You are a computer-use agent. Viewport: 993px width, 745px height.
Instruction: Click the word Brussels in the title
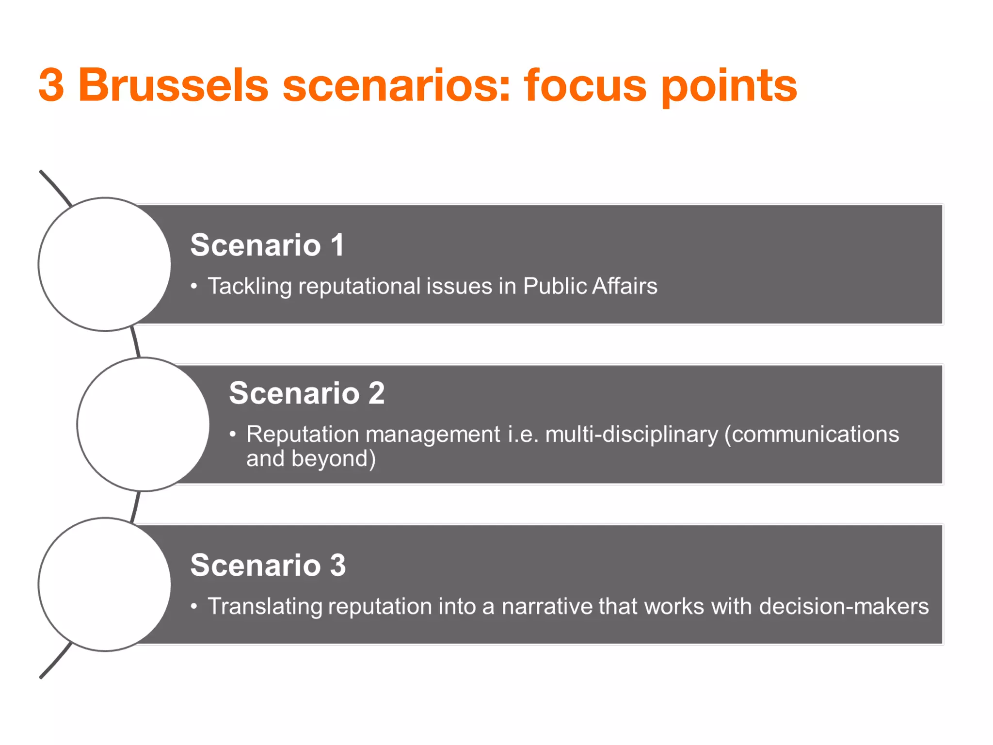(173, 86)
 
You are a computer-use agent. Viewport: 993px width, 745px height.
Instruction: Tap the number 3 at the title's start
(51, 86)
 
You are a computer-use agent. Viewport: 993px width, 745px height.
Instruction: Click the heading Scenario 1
(267, 245)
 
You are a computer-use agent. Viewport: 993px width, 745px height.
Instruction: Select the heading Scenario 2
(306, 393)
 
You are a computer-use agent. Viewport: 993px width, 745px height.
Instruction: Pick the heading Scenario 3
(268, 565)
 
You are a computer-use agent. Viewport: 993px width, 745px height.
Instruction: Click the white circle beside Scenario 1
(105, 264)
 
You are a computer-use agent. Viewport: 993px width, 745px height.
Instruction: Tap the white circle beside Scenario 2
(144, 424)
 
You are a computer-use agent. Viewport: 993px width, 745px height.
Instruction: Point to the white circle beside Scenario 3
(105, 584)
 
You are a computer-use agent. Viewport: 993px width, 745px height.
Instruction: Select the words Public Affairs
(590, 286)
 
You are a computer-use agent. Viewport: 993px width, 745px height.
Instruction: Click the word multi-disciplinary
(631, 434)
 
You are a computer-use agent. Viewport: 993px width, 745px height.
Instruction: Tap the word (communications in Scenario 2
(812, 434)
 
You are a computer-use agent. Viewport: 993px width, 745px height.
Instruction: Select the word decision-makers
(844, 606)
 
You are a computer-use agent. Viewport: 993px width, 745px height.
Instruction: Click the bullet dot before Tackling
(194, 286)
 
